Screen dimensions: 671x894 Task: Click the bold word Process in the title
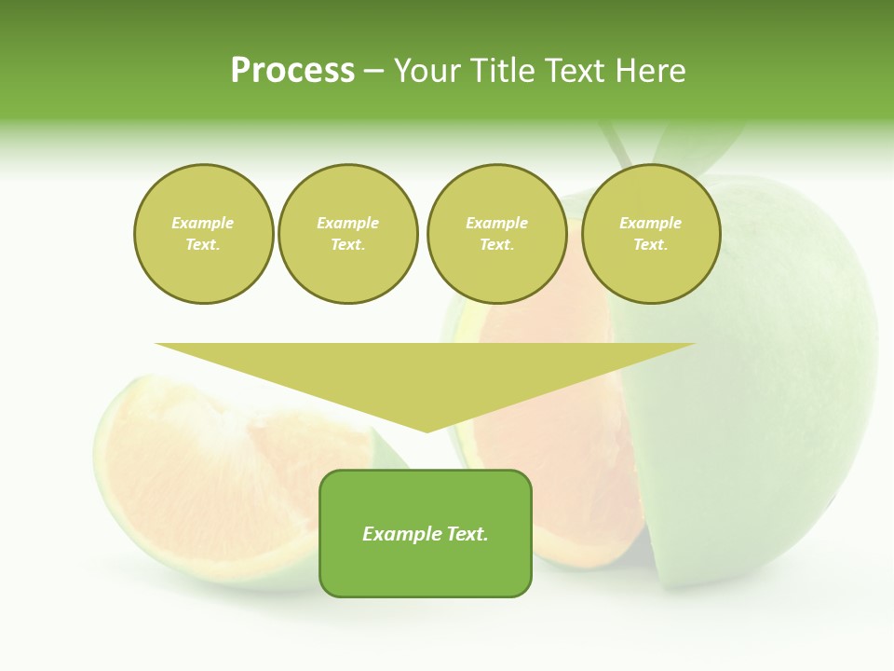click(x=292, y=71)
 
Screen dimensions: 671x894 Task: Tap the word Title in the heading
click(x=499, y=71)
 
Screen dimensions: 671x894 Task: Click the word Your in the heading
click(x=428, y=71)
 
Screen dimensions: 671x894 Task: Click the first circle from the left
click(x=203, y=234)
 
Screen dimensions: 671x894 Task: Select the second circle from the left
click(x=347, y=234)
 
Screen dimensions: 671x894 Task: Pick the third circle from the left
click(x=496, y=234)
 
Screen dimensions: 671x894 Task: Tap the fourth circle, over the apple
click(x=650, y=234)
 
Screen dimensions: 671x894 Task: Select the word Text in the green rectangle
click(x=467, y=534)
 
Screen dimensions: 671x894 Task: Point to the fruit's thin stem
click(x=616, y=149)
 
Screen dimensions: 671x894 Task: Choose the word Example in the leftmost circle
click(x=203, y=223)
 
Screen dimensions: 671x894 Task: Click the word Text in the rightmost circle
click(x=649, y=245)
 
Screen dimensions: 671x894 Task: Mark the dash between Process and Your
click(x=373, y=71)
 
